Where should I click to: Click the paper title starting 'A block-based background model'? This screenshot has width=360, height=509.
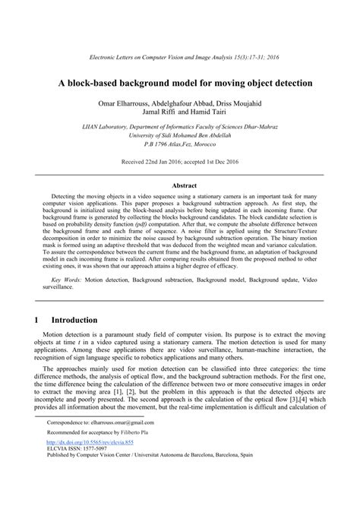pyautogui.click(x=180, y=81)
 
